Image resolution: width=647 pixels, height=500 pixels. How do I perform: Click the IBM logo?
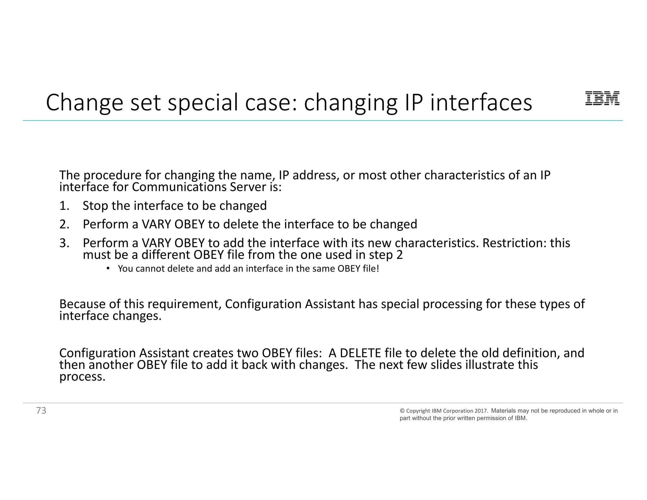coord(602,98)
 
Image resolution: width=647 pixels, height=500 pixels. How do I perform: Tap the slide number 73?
coord(41,410)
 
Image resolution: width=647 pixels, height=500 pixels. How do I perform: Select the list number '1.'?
coord(64,206)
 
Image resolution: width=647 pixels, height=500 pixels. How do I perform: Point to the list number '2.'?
coord(64,224)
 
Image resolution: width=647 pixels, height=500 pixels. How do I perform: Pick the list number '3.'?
coord(64,243)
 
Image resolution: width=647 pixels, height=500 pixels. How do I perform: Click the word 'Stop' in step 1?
coord(95,206)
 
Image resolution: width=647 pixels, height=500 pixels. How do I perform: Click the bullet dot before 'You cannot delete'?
coord(108,268)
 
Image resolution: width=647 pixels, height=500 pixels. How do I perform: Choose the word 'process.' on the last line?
coord(82,377)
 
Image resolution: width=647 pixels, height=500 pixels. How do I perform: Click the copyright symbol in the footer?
coord(402,411)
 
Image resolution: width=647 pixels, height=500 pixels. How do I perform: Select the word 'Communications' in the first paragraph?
coord(179,187)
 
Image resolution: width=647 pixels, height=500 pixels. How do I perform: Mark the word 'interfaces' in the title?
coord(481,103)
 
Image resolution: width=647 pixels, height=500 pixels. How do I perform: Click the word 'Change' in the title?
coord(84,103)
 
